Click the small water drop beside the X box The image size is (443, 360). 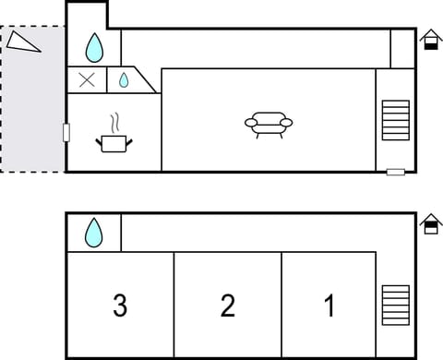124,80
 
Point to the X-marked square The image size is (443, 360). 88,79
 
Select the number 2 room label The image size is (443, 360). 227,305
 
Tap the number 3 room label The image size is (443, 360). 120,305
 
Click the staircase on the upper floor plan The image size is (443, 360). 395,119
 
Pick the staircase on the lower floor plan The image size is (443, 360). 395,306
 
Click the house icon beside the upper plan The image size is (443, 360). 429,39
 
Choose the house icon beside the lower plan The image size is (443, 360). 429,224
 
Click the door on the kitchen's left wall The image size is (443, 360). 66,132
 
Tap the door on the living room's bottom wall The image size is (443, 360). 395,172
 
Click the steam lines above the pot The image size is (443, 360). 114,123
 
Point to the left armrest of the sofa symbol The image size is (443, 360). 250,122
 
